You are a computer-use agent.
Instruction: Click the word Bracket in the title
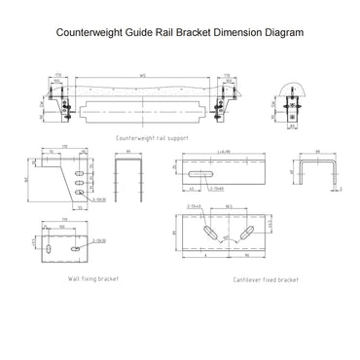[x=161, y=32]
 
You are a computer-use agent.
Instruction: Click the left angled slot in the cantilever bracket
[x=209, y=234]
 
